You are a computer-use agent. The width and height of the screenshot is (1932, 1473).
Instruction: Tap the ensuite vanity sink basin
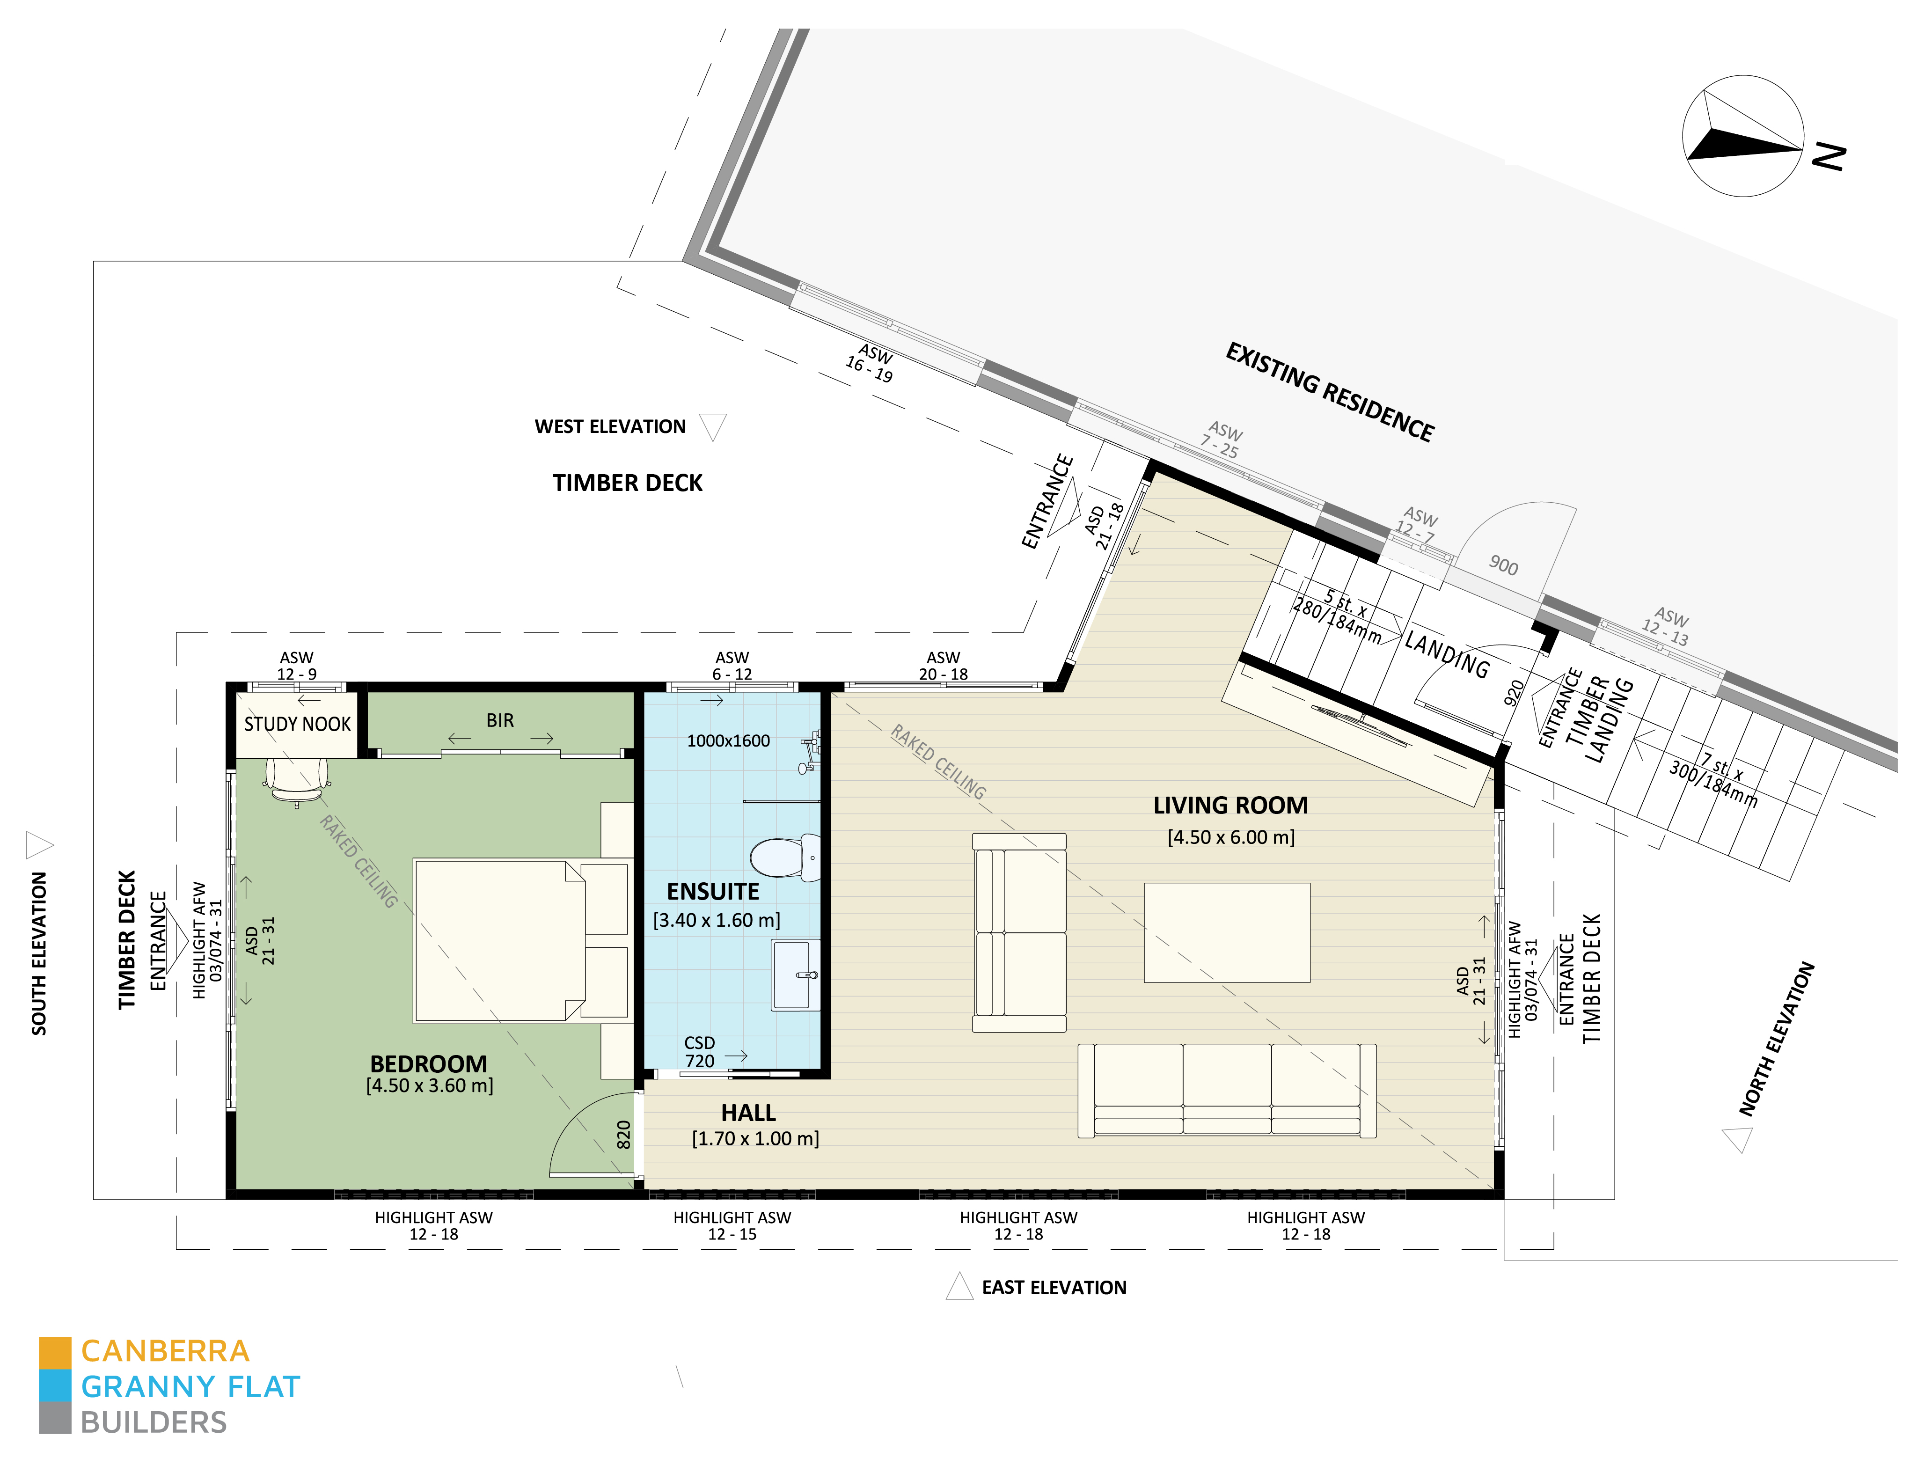click(x=796, y=975)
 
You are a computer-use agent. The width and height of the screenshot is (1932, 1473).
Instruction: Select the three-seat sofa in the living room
click(x=1226, y=1091)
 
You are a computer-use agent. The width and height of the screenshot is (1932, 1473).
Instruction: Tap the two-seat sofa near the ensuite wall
click(x=1019, y=932)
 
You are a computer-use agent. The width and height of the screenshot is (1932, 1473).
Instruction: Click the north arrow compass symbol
click(x=1742, y=136)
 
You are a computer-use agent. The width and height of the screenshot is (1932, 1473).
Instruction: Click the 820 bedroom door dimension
click(x=623, y=1135)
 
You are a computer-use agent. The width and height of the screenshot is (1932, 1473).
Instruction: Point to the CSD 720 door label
click(x=700, y=1051)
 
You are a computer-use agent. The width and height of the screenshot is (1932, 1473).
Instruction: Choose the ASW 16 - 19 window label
click(x=871, y=363)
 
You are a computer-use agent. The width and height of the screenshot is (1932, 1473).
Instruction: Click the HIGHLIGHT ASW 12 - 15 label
click(x=732, y=1226)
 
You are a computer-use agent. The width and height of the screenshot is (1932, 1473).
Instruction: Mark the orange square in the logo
click(x=54, y=1352)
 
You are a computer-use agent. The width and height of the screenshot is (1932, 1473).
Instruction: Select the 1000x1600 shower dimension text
click(x=728, y=741)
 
